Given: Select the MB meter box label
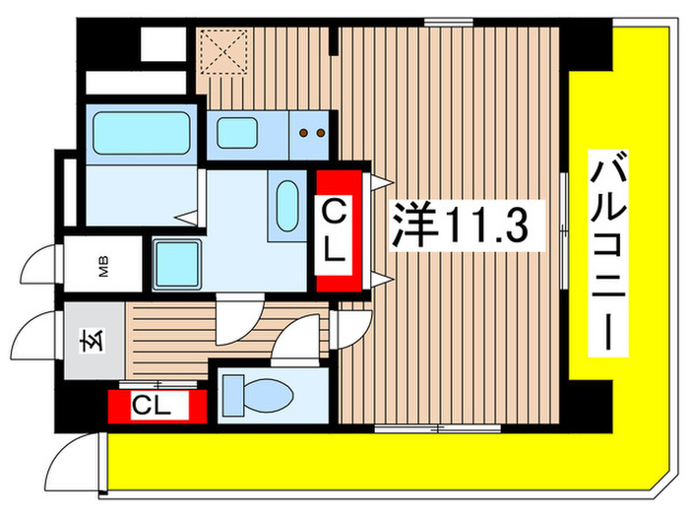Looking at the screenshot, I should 103,268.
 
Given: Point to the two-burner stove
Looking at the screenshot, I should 312,132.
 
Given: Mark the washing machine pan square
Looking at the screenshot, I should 178,264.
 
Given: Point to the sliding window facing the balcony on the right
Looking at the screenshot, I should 564,230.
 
